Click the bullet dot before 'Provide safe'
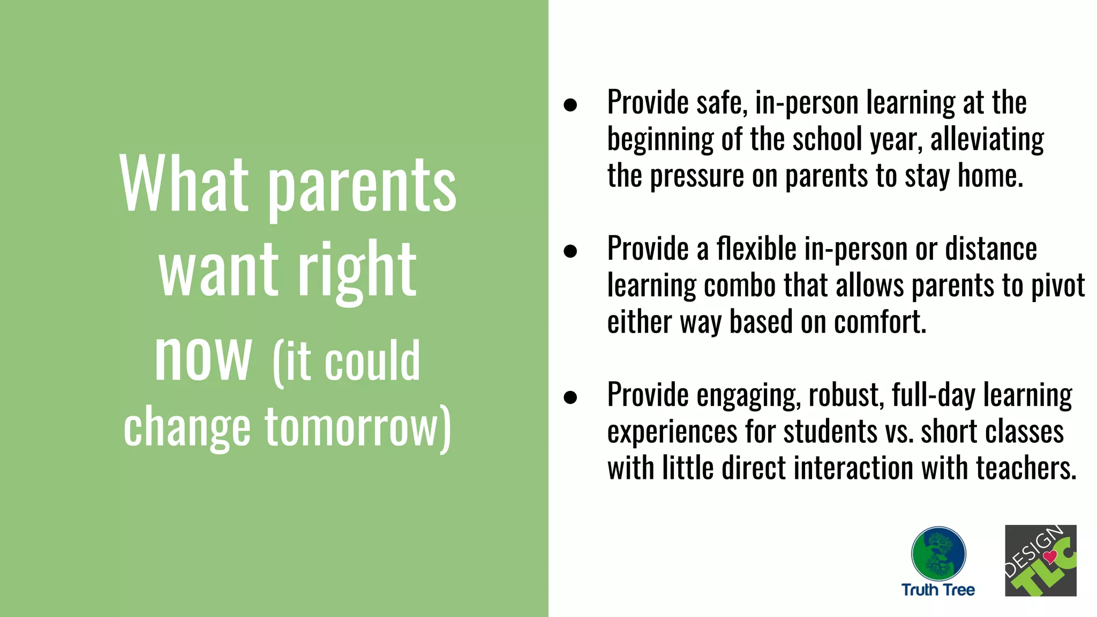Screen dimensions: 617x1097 point(570,104)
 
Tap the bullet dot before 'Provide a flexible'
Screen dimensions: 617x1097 point(570,251)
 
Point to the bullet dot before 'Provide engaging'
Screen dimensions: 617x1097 point(570,397)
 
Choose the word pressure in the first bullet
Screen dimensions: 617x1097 point(697,176)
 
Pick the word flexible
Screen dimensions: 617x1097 point(756,249)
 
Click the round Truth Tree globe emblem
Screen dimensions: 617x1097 point(938,553)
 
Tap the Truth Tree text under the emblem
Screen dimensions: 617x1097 point(938,590)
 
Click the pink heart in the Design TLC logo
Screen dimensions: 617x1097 point(1050,556)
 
